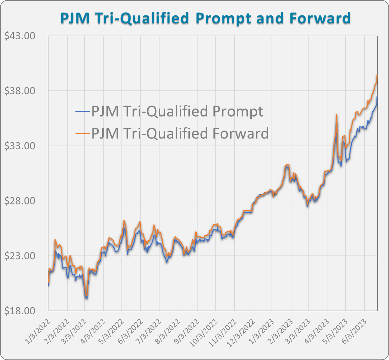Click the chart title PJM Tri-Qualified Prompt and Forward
tap(205, 18)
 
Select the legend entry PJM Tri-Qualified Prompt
tap(177, 111)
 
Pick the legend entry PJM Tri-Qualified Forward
tap(180, 133)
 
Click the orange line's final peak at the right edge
tap(377, 75)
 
